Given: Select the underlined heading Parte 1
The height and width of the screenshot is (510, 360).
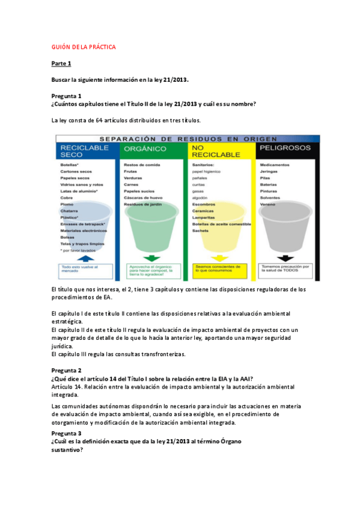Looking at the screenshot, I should (x=61, y=63).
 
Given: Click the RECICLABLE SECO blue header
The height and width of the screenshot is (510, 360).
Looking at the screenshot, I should (x=85, y=150).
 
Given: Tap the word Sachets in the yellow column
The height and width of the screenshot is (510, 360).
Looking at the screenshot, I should (x=201, y=230).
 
